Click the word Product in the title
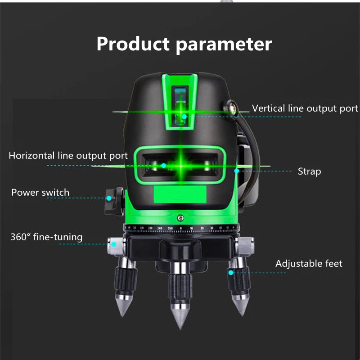click(133, 44)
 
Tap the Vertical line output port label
click(305, 108)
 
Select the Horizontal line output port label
click(68, 156)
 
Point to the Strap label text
click(309, 171)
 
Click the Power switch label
click(40, 193)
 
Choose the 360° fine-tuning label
click(46, 237)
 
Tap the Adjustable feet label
click(309, 264)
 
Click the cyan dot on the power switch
click(109, 198)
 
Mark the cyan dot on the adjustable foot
click(231, 273)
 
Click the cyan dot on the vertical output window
click(184, 117)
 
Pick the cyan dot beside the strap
click(237, 171)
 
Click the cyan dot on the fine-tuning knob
click(114, 244)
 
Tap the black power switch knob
click(115, 202)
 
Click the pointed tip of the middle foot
click(180, 328)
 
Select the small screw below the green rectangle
click(180, 218)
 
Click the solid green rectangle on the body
click(180, 194)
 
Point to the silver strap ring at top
click(231, 108)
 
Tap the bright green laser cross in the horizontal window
click(181, 166)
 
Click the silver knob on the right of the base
click(245, 246)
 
